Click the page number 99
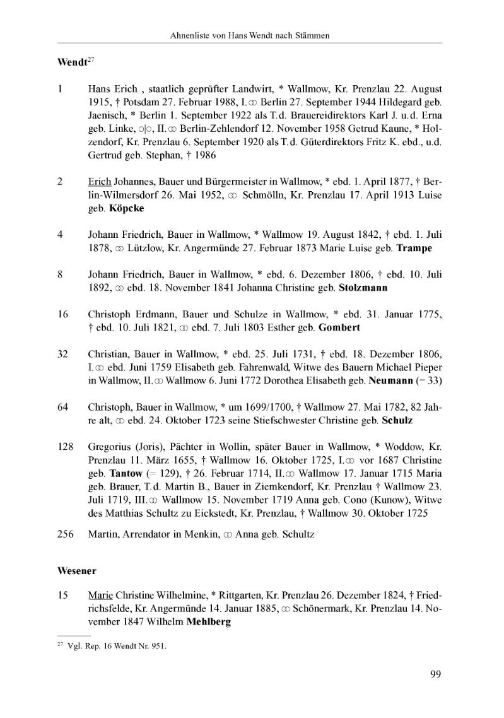point(435,674)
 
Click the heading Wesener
point(76,571)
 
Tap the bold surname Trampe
point(414,248)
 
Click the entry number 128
point(66,447)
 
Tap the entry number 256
point(66,535)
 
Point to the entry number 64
point(63,407)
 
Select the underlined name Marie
point(100,596)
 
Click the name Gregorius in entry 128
point(111,447)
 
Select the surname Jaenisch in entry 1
point(109,116)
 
